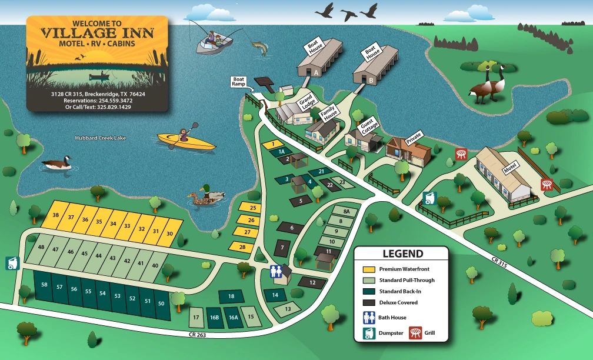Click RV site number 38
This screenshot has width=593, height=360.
(56, 215)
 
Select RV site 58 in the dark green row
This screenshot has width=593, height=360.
(44, 285)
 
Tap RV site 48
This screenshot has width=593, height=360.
(41, 248)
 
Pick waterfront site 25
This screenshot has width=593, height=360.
(252, 208)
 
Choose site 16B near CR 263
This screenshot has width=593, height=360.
(214, 318)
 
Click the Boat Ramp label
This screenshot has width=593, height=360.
(239, 81)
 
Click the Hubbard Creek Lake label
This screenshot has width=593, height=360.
(100, 138)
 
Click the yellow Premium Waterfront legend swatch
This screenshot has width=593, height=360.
(369, 269)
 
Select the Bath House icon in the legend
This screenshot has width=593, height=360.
(369, 318)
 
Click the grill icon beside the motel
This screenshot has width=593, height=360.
(548, 184)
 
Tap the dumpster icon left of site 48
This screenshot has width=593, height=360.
(12, 264)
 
